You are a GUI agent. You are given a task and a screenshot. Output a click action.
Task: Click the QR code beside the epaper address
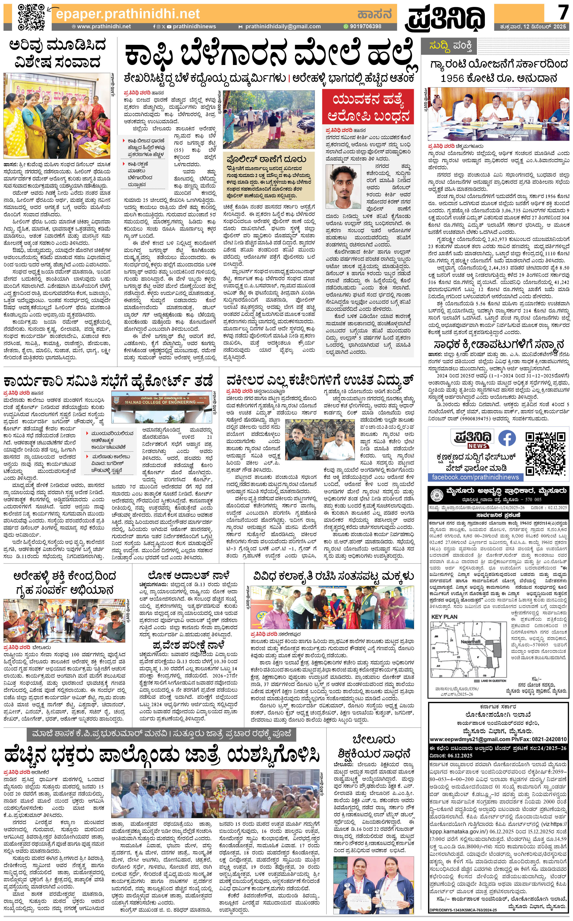32,17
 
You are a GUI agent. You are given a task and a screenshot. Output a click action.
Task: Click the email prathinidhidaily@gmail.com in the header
283,26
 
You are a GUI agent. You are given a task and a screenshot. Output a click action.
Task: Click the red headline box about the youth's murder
368,107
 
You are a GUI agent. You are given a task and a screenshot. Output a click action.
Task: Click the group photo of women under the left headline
57,116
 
